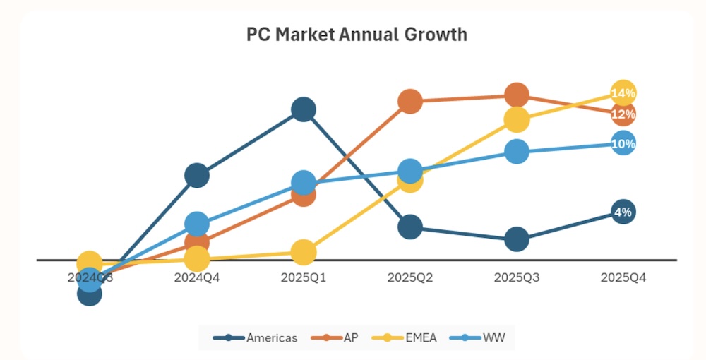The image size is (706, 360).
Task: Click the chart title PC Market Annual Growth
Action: (357, 34)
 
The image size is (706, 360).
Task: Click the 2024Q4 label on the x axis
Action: (197, 277)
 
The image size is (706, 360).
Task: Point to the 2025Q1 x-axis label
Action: (303, 277)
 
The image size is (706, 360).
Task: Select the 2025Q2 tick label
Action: (410, 277)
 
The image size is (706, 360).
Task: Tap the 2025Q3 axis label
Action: (517, 277)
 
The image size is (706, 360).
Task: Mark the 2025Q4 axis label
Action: (623, 277)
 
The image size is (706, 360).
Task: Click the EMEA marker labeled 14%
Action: (623, 93)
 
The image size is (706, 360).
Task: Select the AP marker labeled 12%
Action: (623, 114)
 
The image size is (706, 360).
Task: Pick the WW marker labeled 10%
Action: (623, 144)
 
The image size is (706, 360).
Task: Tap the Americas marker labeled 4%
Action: (623, 212)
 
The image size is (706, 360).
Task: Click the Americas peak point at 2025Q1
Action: (303, 109)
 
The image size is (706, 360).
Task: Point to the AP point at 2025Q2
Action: (410, 102)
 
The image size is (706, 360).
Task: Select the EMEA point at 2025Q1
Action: (303, 251)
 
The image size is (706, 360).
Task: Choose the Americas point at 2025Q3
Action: (517, 240)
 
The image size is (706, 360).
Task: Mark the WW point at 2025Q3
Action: (517, 151)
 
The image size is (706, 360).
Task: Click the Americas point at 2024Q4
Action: (197, 175)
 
